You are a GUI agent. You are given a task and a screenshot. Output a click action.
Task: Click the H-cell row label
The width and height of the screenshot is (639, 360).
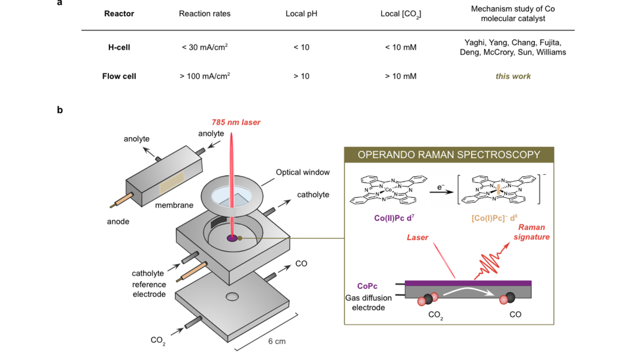tap(119, 47)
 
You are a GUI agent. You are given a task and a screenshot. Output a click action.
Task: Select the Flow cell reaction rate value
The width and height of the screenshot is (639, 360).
tap(205, 76)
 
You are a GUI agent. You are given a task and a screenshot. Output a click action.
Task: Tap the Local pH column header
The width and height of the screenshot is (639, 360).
tap(301, 14)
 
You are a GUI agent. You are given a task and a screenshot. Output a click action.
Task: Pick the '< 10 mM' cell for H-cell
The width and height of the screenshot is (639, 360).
tap(401, 47)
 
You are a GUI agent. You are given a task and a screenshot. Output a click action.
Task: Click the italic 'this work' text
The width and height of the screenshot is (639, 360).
tap(513, 76)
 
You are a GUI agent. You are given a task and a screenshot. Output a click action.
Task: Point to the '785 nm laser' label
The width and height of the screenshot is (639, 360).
tap(236, 122)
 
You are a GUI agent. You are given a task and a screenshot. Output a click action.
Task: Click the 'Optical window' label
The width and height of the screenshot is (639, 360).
tap(302, 172)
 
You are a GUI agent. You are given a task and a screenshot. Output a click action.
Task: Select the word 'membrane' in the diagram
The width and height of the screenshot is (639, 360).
tap(174, 205)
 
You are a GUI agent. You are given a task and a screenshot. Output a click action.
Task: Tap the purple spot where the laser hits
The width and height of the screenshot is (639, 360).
tap(232, 238)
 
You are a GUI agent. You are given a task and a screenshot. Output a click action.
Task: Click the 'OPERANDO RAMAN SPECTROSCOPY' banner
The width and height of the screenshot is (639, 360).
tap(448, 155)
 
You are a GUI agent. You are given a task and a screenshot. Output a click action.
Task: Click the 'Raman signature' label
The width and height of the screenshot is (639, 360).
tap(531, 232)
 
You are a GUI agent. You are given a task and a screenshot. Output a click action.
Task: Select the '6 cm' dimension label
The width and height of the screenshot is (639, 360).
tap(277, 341)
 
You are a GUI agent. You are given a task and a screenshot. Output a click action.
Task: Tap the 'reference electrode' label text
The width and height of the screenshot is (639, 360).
tap(149, 289)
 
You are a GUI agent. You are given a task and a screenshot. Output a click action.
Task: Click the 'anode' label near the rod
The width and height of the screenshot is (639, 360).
tap(118, 221)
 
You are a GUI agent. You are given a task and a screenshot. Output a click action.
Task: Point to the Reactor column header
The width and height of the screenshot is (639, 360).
tap(119, 14)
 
